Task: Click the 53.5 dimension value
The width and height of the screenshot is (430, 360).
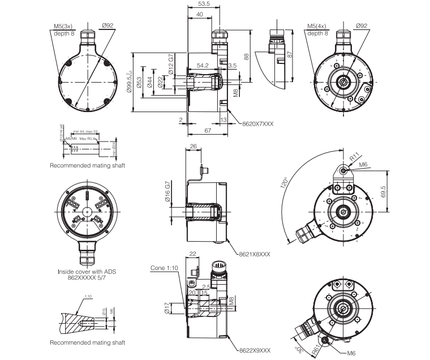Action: (x=204, y=4)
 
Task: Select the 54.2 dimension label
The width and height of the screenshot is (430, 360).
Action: (x=203, y=66)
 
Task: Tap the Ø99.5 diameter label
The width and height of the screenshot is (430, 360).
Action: (x=130, y=80)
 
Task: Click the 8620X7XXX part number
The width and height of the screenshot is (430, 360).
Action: (x=258, y=123)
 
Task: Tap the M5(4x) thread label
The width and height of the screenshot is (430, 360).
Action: (x=317, y=26)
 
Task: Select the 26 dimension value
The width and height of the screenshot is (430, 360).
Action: (x=192, y=147)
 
